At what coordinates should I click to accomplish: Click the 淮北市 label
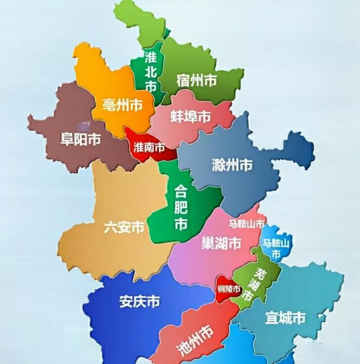pyautogui.click(x=151, y=72)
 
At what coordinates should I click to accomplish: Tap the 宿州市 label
pyautogui.click(x=196, y=79)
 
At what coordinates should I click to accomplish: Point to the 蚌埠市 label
pyautogui.click(x=190, y=116)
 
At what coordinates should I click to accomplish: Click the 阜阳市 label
pyautogui.click(x=80, y=140)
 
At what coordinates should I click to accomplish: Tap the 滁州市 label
pyautogui.click(x=232, y=164)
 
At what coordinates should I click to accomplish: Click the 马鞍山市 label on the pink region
pyautogui.click(x=242, y=224)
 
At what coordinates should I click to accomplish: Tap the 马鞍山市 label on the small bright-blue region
pyautogui.click(x=276, y=249)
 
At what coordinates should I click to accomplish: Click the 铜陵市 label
pyautogui.click(x=230, y=289)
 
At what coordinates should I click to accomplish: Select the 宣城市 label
pyautogui.click(x=285, y=317)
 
